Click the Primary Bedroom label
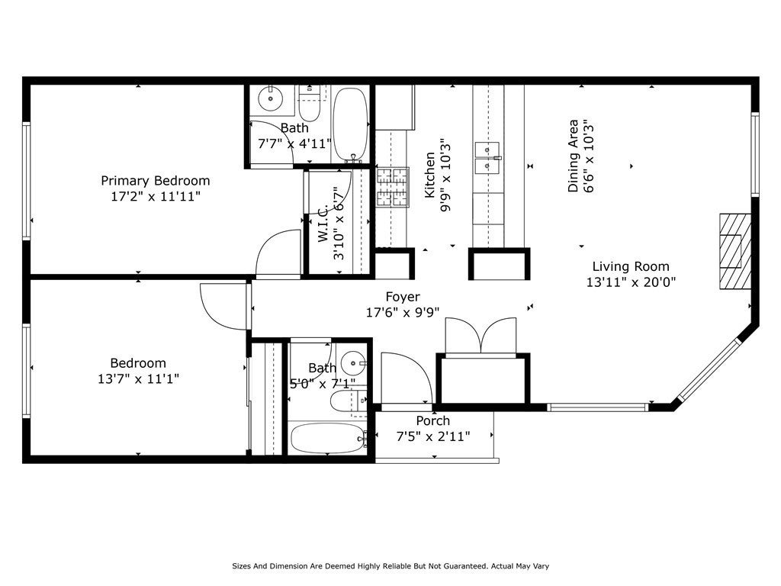pyautogui.click(x=156, y=180)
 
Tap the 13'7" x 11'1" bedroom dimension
pyautogui.click(x=138, y=378)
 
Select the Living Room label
pyautogui.click(x=631, y=266)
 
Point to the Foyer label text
pyautogui.click(x=403, y=298)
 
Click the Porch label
pyautogui.click(x=433, y=420)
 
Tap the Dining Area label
pyautogui.click(x=574, y=156)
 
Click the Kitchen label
pyautogui.click(x=429, y=175)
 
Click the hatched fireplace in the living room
pyautogui.click(x=735, y=252)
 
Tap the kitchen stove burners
pyautogui.click(x=393, y=188)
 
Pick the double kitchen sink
pyautogui.click(x=487, y=158)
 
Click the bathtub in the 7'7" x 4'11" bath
pyautogui.click(x=350, y=124)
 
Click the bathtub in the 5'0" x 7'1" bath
pyautogui.click(x=328, y=438)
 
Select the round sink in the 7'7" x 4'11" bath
pyautogui.click(x=271, y=98)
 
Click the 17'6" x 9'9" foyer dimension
pyautogui.click(x=403, y=312)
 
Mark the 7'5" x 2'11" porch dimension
pyautogui.click(x=433, y=436)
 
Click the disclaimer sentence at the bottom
pyautogui.click(x=390, y=566)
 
